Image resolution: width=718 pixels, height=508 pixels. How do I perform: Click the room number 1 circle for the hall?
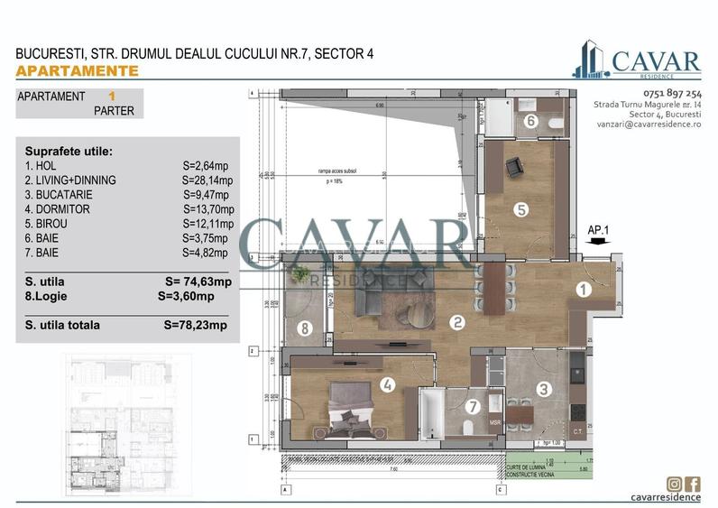tap(584, 290)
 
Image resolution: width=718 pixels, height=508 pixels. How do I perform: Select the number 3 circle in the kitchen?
tap(544, 390)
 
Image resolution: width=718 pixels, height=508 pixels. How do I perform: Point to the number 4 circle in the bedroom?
tap(387, 384)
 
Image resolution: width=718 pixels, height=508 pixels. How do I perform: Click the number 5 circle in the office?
tap(520, 210)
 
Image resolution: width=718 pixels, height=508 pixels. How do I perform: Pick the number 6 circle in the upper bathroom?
tap(531, 121)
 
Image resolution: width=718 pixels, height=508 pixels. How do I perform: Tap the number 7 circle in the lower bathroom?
tap(471, 406)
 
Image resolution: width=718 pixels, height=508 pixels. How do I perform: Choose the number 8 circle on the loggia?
tap(306, 328)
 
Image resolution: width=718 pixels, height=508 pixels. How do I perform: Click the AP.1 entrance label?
tap(599, 230)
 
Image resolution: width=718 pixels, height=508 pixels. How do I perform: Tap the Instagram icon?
tap(674, 485)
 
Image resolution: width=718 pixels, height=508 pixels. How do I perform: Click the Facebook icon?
tap(693, 485)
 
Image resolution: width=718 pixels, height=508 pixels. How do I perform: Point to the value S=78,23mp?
tap(196, 325)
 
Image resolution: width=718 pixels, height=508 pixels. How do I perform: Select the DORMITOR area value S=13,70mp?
tap(207, 208)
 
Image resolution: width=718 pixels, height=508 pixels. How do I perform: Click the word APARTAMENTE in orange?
tap(78, 70)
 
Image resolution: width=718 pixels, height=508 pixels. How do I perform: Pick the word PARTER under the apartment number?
tap(114, 112)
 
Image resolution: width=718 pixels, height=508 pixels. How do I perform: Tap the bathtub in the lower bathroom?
tap(429, 414)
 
